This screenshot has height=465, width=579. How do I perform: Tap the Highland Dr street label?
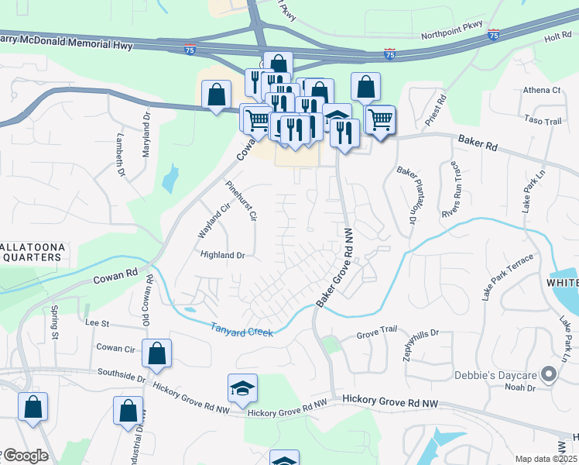pos(222,255)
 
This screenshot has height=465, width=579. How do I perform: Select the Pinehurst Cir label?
pos(241,201)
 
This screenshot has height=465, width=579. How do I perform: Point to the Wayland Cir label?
pos(214,220)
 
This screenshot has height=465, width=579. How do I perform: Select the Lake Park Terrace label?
pos(508,277)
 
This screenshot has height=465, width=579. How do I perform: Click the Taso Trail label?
pos(542,122)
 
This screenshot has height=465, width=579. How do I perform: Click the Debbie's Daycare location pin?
pos(549,375)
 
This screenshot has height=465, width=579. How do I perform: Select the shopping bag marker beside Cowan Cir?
pos(156,354)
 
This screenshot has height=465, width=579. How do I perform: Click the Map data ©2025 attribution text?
pos(546,459)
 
